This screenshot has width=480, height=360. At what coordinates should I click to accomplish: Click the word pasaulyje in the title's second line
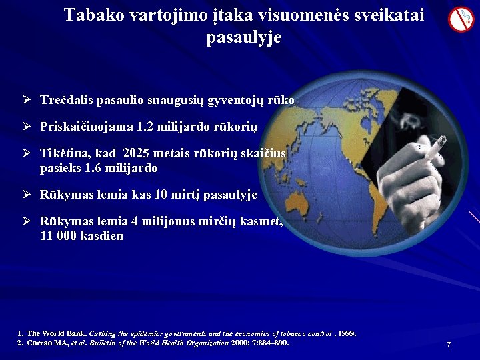(x=244, y=38)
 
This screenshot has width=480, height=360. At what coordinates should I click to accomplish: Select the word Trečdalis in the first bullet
(x=67, y=100)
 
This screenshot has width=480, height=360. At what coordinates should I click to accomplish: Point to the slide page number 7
(x=449, y=345)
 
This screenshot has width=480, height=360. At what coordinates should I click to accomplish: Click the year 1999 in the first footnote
(x=345, y=333)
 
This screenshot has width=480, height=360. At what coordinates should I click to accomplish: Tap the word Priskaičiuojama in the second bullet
(x=87, y=126)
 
